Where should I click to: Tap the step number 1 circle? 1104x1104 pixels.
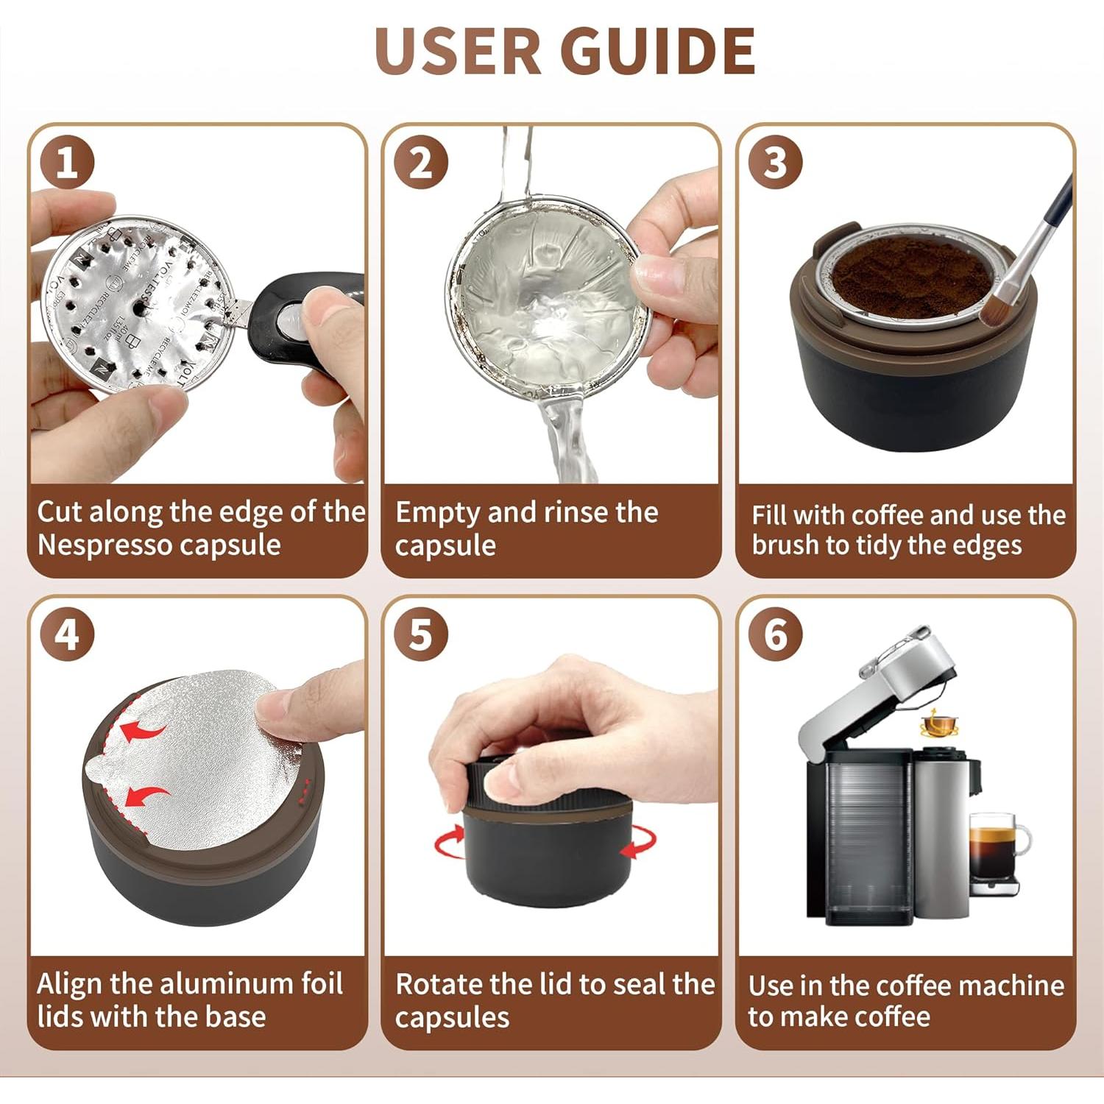(x=67, y=162)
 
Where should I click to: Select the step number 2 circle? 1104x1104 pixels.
(x=420, y=162)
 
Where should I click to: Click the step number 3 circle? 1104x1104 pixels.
(x=775, y=162)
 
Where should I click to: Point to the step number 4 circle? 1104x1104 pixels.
(x=67, y=634)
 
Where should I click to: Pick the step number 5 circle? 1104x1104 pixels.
(x=420, y=634)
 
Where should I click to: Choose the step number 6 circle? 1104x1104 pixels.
(x=775, y=634)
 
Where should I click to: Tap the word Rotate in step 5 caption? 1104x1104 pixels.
(x=439, y=985)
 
